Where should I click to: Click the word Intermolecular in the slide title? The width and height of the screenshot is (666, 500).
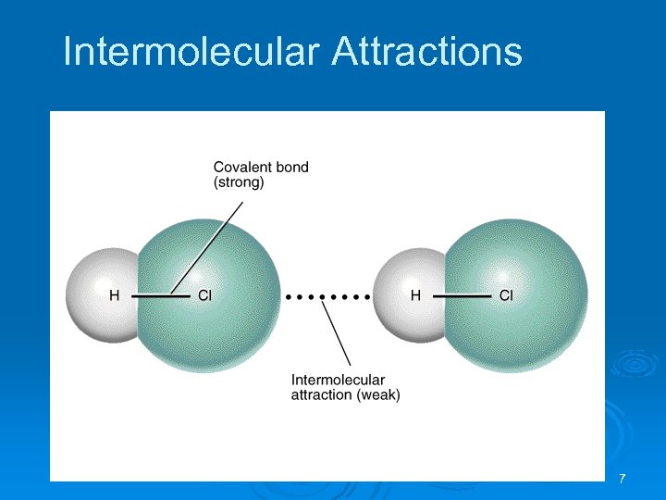[x=191, y=52]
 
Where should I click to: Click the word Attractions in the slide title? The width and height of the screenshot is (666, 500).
[x=426, y=52]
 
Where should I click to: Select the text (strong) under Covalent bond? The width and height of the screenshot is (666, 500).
[x=239, y=183]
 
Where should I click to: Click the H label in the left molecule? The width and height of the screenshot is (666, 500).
[x=115, y=296]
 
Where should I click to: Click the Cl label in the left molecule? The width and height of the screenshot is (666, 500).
[x=205, y=296]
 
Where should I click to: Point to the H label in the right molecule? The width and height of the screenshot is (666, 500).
[x=415, y=296]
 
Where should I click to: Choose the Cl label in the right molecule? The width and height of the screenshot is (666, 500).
[x=506, y=296]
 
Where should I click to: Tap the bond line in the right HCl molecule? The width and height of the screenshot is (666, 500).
[x=461, y=296]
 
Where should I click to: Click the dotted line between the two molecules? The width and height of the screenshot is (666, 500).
[x=328, y=297]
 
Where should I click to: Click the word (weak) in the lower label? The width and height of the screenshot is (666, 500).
[x=379, y=395]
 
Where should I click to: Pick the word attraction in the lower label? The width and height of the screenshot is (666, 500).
[x=322, y=395]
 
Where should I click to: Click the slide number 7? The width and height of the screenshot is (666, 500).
[x=622, y=479]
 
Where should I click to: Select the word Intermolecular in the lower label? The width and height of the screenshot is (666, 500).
[x=338, y=380]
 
